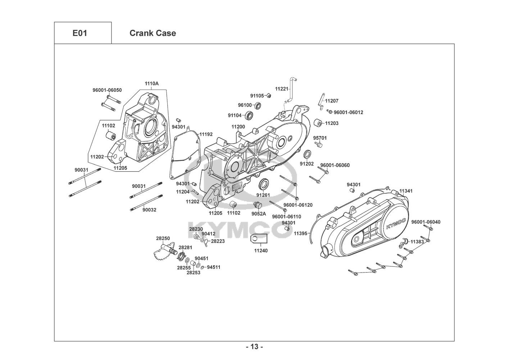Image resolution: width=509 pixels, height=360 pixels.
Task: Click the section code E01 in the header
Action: pyautogui.click(x=79, y=33)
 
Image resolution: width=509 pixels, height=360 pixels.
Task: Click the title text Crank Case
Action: pyautogui.click(x=153, y=33)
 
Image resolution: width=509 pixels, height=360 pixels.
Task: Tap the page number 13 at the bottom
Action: pyautogui.click(x=254, y=347)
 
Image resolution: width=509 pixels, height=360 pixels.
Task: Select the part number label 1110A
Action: pyautogui.click(x=151, y=84)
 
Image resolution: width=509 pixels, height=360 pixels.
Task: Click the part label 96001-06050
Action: pyautogui.click(x=107, y=90)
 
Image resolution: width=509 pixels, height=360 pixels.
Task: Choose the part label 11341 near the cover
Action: pyautogui.click(x=406, y=191)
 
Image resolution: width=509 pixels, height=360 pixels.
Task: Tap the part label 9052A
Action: pyautogui.click(x=259, y=213)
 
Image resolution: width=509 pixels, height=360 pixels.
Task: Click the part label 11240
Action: pyautogui.click(x=261, y=251)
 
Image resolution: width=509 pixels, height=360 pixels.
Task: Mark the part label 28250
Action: pyautogui.click(x=163, y=238)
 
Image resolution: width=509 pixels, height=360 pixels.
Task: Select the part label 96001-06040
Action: pyautogui.click(x=426, y=222)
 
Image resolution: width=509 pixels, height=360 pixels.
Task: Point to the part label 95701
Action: pyautogui.click(x=320, y=138)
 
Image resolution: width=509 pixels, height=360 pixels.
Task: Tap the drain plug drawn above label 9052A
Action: pyautogui.click(x=258, y=206)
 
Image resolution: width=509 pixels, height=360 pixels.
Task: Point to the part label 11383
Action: pyautogui.click(x=417, y=242)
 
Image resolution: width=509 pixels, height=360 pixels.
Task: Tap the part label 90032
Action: pyautogui.click(x=149, y=210)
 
